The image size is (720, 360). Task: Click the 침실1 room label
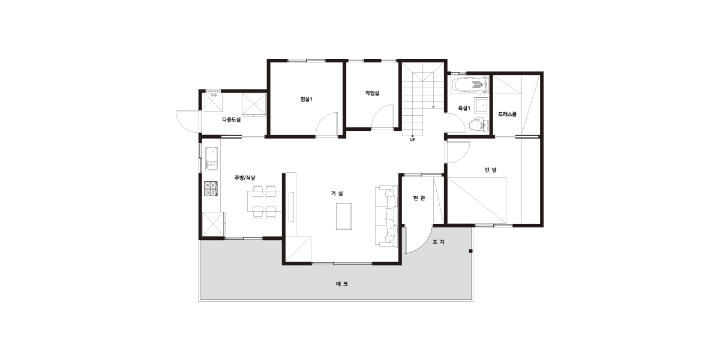coord(307,100)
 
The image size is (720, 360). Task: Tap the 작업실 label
coord(372,93)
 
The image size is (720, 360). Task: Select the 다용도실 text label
coord(232,119)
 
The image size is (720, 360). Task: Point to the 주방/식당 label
coord(245,178)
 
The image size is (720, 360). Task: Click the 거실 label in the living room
coord(337,193)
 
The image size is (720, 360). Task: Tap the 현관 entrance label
coord(419,199)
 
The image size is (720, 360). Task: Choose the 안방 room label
coord(491,170)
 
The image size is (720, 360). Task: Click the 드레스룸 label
coord(507,114)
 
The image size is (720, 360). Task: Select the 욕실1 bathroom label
coord(464,109)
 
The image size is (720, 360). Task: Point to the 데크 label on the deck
coord(342,284)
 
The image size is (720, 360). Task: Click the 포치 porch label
coord(439,242)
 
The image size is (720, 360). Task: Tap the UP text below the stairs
coord(412,140)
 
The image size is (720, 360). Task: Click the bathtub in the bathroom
coord(470,85)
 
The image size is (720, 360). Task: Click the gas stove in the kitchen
coord(211,188)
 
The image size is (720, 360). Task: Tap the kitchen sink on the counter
coord(211,158)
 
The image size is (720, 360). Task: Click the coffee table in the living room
coord(344,216)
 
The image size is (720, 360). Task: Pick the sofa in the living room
coord(386,216)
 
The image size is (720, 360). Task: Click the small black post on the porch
coord(470,251)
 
